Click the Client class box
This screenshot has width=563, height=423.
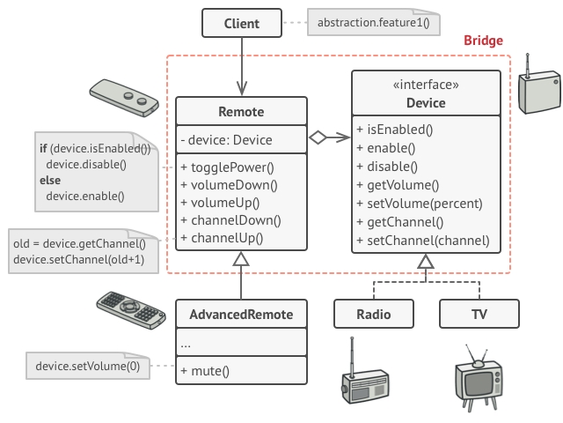(241, 24)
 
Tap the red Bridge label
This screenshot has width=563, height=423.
(483, 41)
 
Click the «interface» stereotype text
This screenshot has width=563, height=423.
(425, 85)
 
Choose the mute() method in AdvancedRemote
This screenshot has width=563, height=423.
(205, 371)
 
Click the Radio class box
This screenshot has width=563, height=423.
(374, 314)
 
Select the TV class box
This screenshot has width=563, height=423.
(479, 314)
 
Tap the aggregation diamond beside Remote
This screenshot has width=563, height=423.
(318, 137)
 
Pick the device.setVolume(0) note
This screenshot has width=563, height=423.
(87, 365)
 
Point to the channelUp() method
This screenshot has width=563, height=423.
(222, 238)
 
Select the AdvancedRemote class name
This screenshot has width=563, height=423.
(241, 314)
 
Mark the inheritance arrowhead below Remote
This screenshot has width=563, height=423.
(241, 258)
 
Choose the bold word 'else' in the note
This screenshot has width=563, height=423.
(49, 180)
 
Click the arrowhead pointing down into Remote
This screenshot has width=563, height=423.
(241, 90)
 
